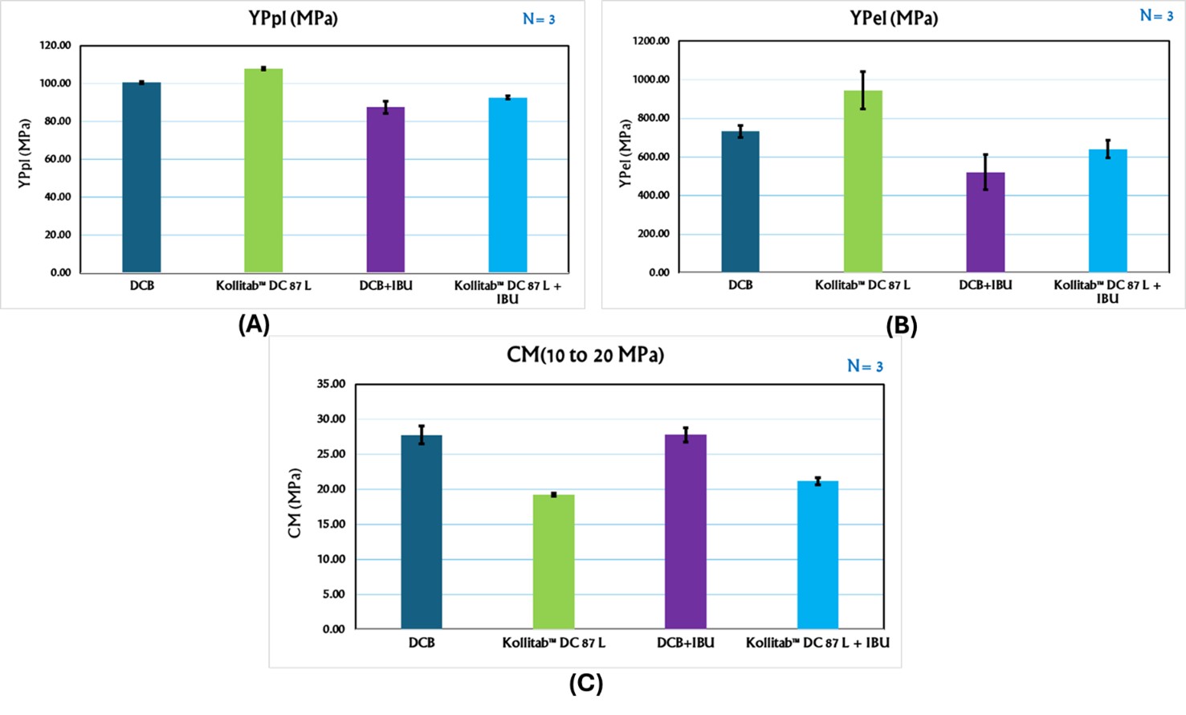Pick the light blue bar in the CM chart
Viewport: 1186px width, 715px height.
coord(817,554)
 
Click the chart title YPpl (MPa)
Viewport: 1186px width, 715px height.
coord(293,18)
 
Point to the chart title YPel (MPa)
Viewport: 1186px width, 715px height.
coord(894,18)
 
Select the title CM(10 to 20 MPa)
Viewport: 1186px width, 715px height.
coord(585,354)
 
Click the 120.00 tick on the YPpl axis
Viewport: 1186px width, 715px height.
coord(55,46)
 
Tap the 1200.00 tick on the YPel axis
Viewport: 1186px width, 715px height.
coord(650,41)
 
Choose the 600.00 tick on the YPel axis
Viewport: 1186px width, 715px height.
coord(653,157)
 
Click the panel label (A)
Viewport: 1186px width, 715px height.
coord(254,325)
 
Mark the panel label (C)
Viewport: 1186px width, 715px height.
coord(586,683)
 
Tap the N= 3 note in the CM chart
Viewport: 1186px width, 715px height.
coord(865,366)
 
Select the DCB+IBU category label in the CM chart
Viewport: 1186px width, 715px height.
coord(685,643)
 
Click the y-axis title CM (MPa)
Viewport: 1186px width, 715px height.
coord(295,503)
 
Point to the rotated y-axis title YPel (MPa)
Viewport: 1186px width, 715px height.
coord(625,153)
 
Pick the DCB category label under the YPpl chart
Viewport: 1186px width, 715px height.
coord(141,285)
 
